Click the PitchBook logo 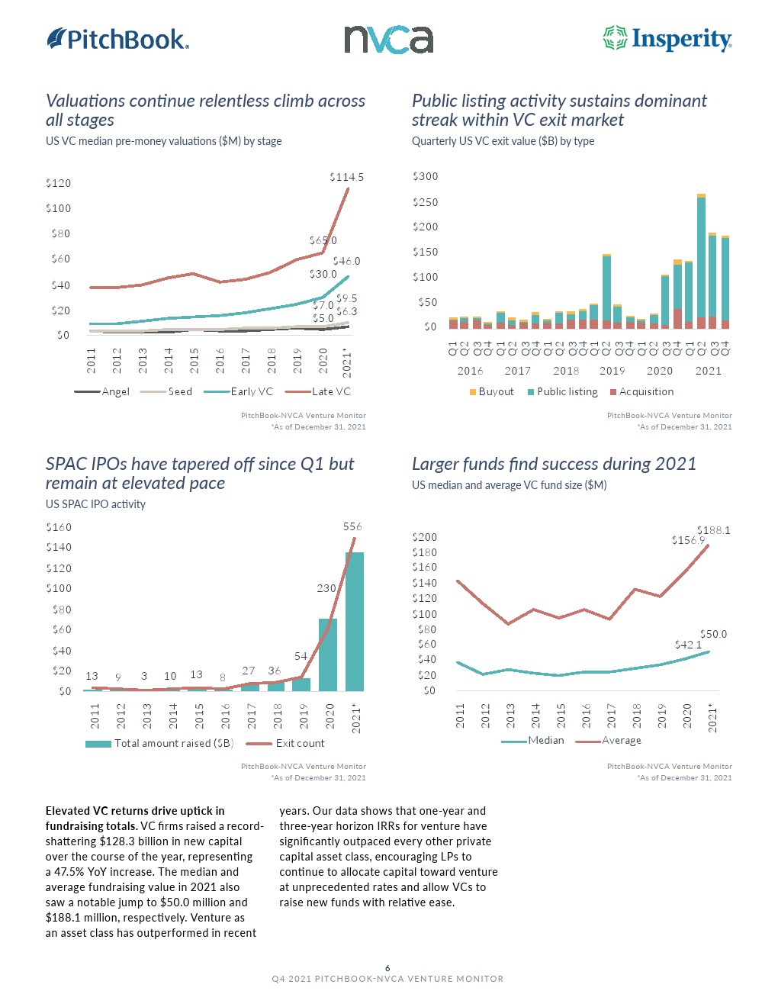(x=118, y=39)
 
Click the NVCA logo (x=388, y=40)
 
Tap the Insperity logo (x=667, y=39)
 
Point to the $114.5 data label (x=346, y=177)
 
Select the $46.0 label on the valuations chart (x=346, y=261)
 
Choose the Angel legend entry (x=115, y=391)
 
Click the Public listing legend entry (x=567, y=391)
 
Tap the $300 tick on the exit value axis (x=426, y=176)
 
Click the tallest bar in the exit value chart (x=701, y=259)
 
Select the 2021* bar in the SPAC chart (x=355, y=622)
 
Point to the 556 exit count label (x=352, y=526)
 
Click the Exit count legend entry (x=300, y=743)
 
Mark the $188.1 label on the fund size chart (x=713, y=530)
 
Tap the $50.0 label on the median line (x=713, y=634)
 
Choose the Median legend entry (x=545, y=740)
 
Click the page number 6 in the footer (x=387, y=968)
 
